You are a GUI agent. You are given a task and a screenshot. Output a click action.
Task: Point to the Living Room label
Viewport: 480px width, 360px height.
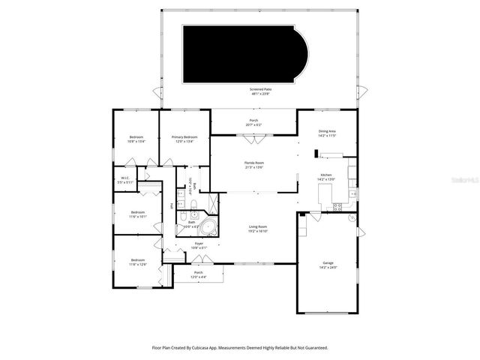258,229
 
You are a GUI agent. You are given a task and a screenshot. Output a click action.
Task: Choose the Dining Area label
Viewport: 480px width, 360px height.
327,133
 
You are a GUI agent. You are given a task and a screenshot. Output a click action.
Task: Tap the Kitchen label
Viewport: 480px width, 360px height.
326,177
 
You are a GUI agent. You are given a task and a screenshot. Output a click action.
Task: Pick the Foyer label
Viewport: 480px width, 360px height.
199,244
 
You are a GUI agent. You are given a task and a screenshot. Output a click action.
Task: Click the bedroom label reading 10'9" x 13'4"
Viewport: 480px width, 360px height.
136,139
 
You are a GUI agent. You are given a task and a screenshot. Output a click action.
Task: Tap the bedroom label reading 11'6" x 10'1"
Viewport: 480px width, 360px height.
137,214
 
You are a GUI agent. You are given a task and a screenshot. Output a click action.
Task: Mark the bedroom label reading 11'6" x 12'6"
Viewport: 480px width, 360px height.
137,262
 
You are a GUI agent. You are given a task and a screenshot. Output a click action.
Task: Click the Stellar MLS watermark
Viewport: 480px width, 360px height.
465,181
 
